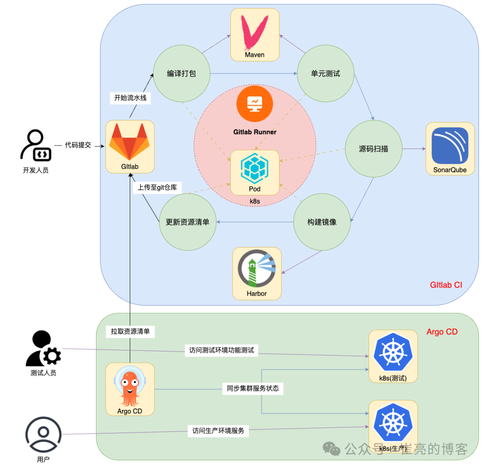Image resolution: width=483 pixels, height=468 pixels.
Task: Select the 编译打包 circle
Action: (182, 74)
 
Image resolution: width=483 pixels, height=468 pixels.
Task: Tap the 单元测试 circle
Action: (326, 74)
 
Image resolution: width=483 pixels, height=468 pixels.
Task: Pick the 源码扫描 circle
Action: (373, 149)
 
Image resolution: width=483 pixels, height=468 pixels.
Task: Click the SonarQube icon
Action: (450, 146)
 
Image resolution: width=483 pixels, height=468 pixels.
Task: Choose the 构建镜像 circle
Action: (322, 222)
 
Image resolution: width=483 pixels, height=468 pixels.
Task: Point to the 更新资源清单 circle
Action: (187, 222)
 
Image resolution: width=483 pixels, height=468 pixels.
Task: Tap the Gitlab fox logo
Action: (130, 142)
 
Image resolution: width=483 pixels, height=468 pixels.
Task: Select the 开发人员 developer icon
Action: (36, 145)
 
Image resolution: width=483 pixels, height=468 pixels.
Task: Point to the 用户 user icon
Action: (43, 434)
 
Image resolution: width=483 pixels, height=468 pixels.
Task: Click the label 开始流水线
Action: (130, 98)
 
